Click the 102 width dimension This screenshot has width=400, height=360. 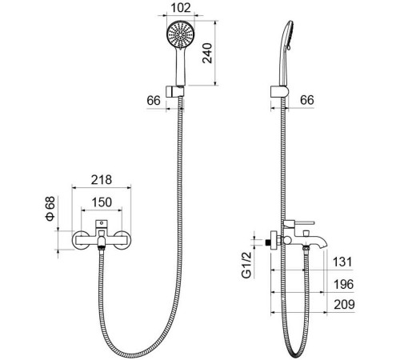[x=181, y=8]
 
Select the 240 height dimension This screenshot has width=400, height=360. [x=207, y=53]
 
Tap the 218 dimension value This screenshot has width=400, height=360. [x=102, y=180]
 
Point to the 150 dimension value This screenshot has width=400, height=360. [x=102, y=202]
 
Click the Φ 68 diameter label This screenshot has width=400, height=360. [x=50, y=209]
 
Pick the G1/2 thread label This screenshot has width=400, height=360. [x=246, y=265]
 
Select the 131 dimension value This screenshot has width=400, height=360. [x=342, y=262]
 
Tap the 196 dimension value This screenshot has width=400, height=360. [x=343, y=284]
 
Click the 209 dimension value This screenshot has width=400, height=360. [x=344, y=304]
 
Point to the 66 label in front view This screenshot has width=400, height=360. [x=154, y=101]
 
